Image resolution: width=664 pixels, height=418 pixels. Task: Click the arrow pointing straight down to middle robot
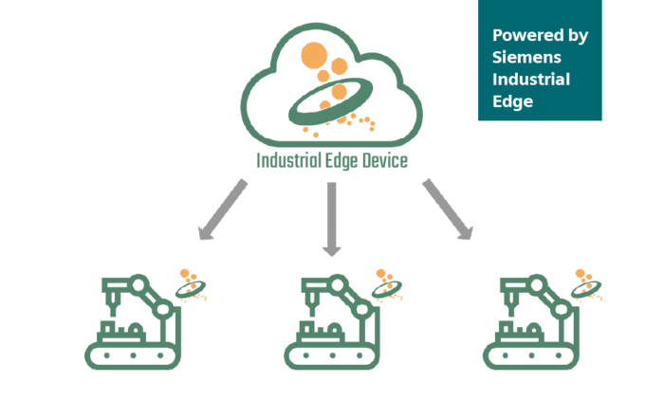coord(330,220)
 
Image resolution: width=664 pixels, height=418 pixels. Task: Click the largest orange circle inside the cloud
coord(314,55)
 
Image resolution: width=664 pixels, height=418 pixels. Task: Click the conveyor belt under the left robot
coord(133,355)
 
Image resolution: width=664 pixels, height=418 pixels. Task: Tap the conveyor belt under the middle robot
coord(331,355)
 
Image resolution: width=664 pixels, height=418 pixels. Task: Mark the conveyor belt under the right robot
coord(530,355)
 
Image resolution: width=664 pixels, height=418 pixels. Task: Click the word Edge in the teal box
coord(510,101)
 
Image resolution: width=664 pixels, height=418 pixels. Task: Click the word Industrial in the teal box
coord(531,80)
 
